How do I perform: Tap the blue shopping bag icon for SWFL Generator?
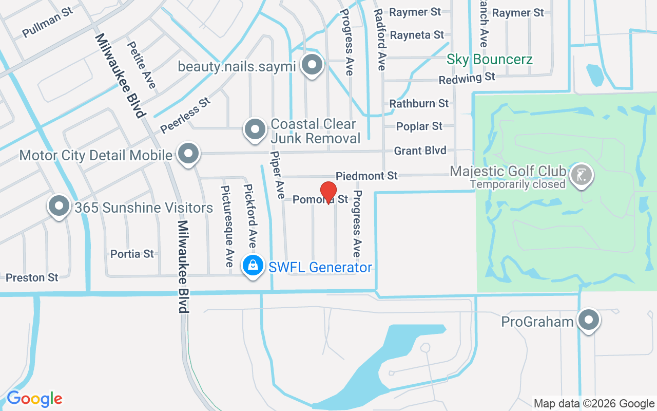pos(253,266)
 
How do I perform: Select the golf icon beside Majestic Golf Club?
pos(581,175)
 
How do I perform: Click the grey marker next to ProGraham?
pos(588,320)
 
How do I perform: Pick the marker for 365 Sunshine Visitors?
pos(59,206)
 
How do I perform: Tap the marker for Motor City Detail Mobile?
pos(188,154)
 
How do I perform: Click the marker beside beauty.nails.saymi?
pos(312,65)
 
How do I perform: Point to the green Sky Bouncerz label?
pos(489,59)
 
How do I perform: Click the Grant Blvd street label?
pos(420,151)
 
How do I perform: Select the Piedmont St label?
pos(366,176)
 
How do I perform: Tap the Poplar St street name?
pos(419,126)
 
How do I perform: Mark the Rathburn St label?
pos(419,103)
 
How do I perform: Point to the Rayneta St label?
pos(417,35)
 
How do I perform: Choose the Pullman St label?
pos(47,23)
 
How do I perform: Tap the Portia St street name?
pos(132,254)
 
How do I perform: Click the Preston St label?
pos(32,277)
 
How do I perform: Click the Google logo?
pos(34,399)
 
